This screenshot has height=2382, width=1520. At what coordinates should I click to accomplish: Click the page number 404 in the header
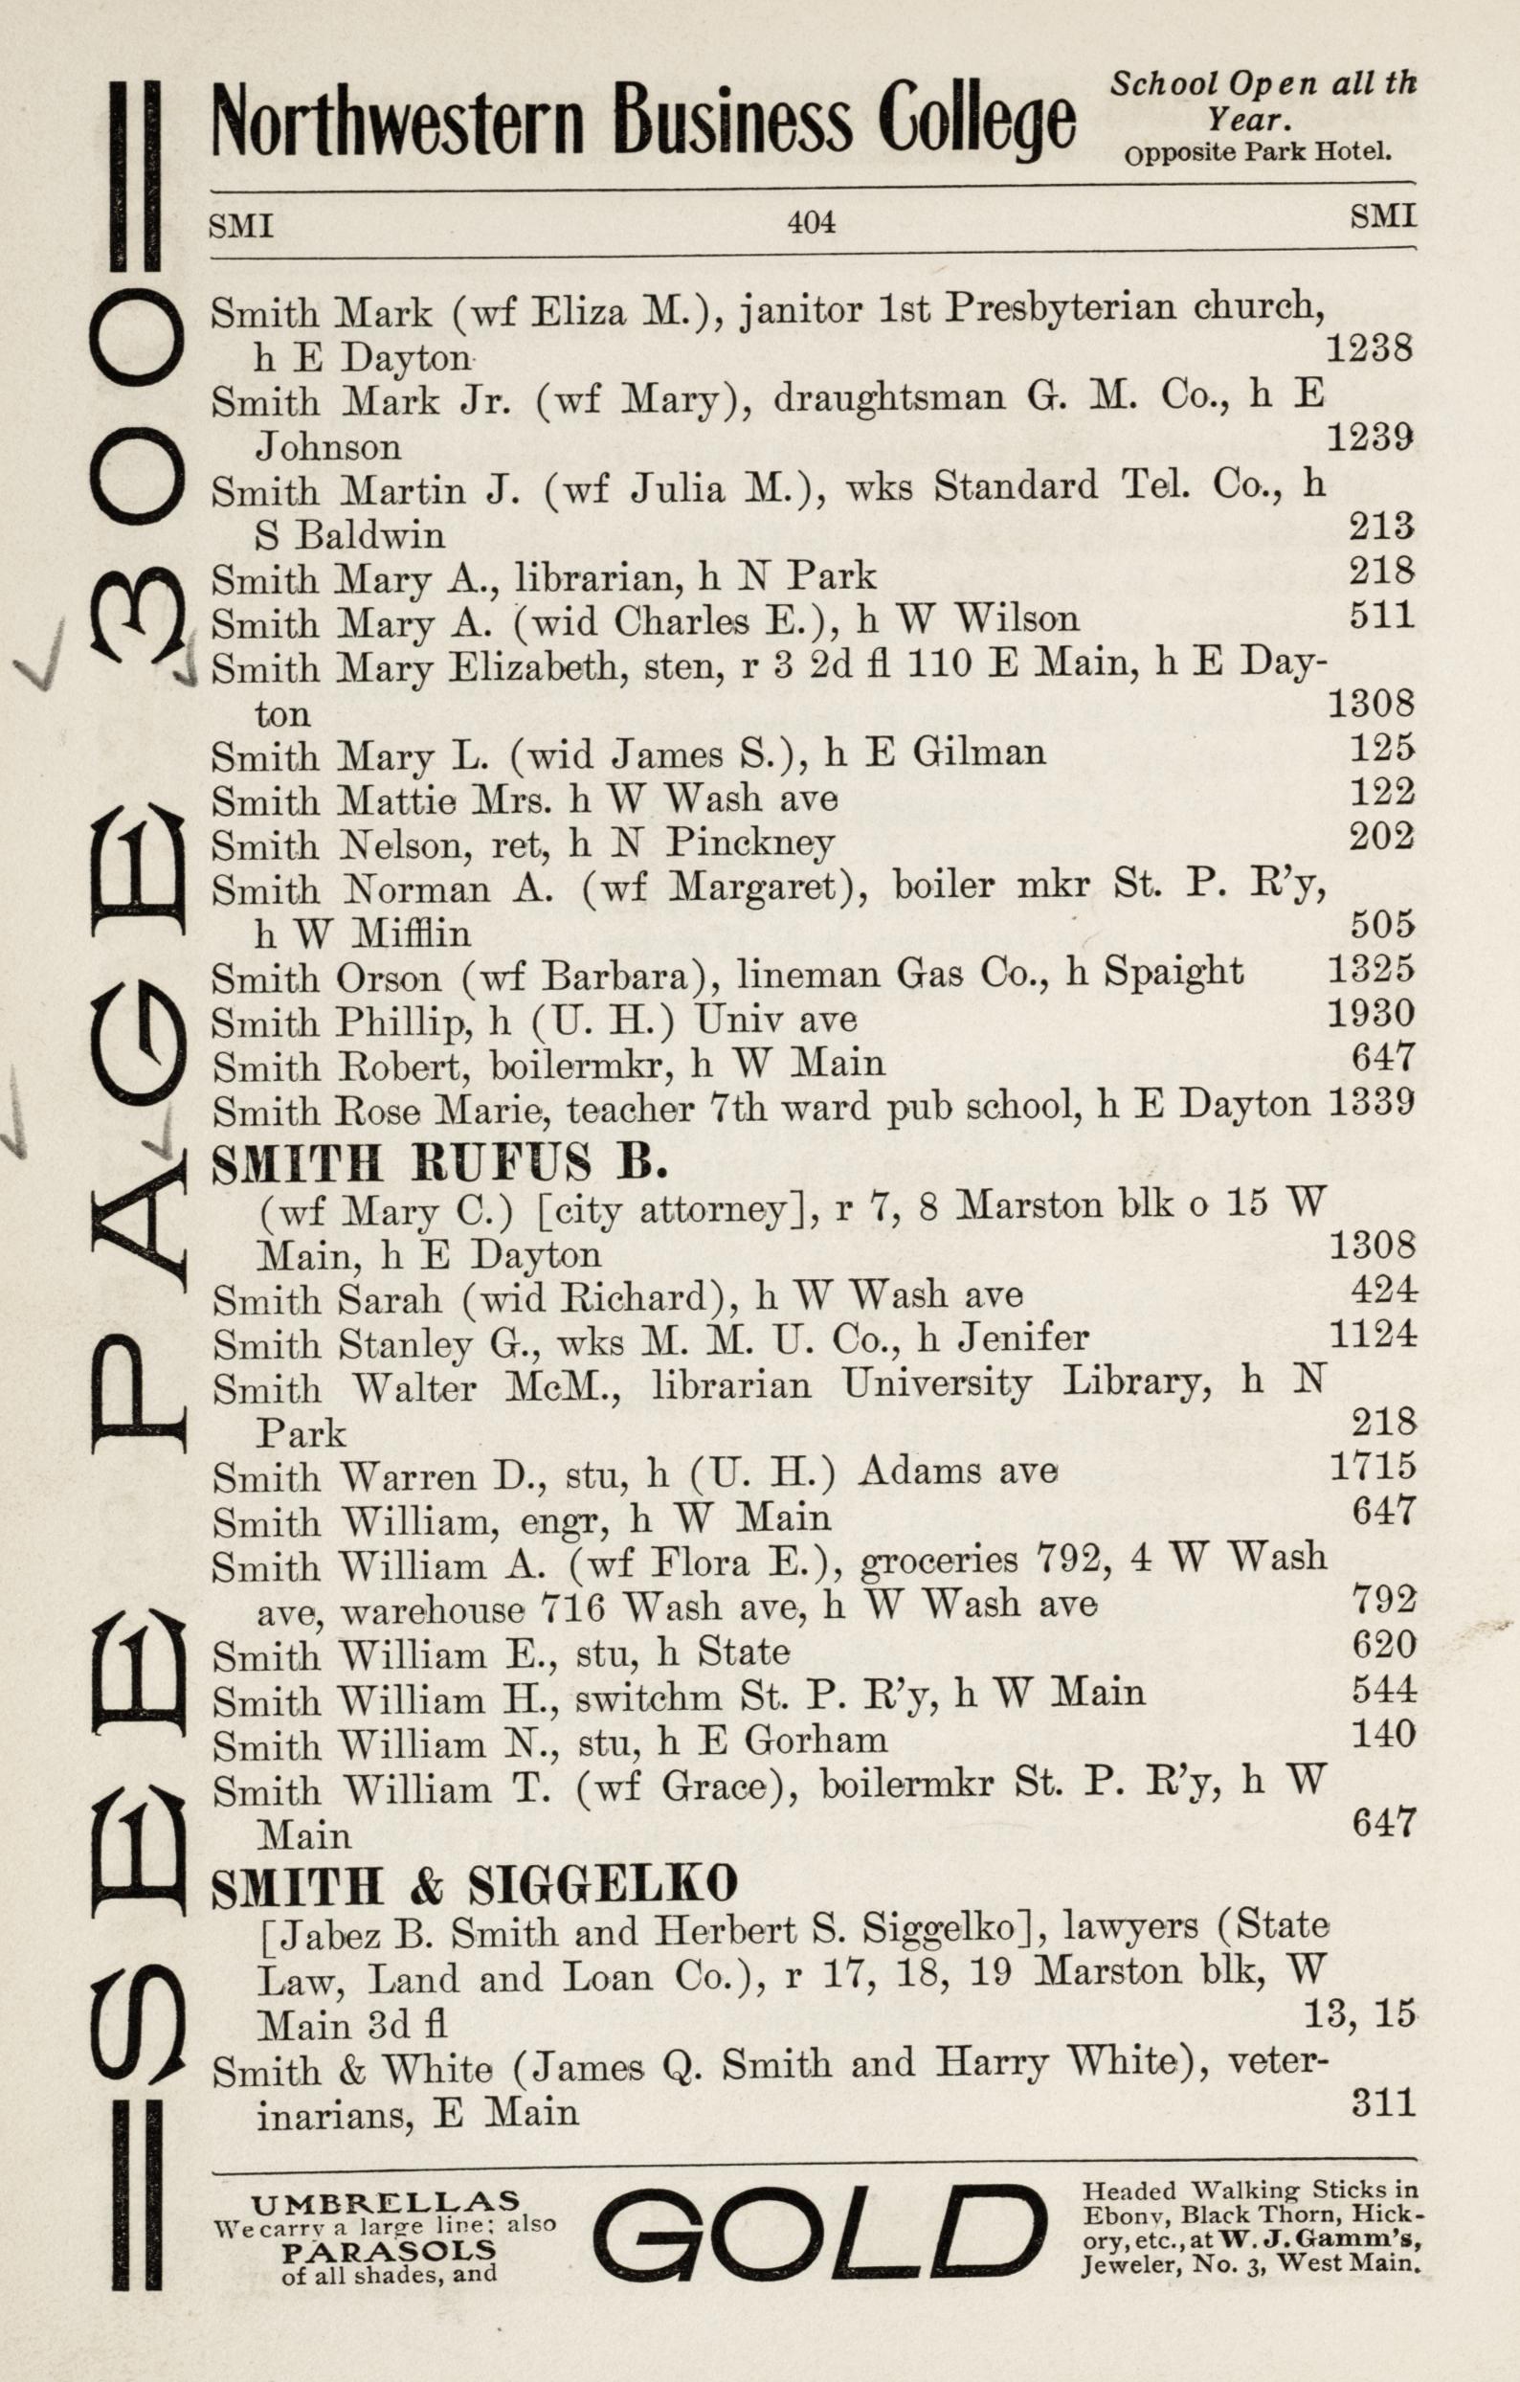(811, 222)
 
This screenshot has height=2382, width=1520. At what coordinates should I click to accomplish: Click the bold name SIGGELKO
(602, 1885)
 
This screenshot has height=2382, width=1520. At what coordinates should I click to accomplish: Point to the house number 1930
(1372, 1013)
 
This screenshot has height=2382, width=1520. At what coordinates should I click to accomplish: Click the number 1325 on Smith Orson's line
(1372, 969)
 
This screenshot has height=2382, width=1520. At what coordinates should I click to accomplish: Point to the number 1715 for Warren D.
(1373, 1465)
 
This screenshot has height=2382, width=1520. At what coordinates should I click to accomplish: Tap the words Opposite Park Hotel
(1258, 154)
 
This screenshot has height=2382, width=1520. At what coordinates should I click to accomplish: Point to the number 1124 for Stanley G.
(1373, 1335)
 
